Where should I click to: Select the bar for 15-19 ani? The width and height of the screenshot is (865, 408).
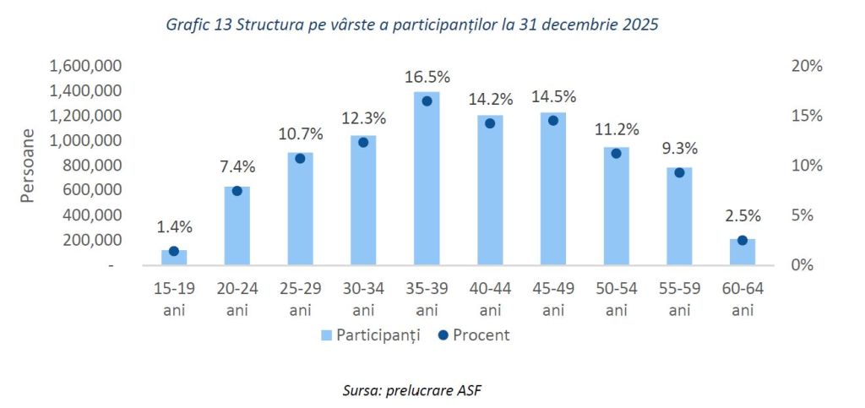click(174, 258)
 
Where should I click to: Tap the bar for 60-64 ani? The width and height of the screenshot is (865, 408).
click(743, 253)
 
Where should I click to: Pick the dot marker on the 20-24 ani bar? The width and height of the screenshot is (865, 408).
click(237, 191)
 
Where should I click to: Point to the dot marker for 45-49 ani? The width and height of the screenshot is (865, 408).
click(553, 120)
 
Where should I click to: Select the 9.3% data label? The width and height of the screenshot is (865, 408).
click(679, 149)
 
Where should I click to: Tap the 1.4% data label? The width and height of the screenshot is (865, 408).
click(174, 226)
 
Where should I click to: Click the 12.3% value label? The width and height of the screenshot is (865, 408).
click(363, 120)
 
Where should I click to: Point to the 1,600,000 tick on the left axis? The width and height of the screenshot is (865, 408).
click(87, 65)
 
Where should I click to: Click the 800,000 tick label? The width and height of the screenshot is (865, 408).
click(94, 166)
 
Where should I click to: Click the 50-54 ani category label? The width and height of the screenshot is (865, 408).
click(617, 299)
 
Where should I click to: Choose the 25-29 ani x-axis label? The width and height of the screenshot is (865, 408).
click(301, 299)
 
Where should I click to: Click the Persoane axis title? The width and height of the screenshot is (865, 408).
click(27, 166)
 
